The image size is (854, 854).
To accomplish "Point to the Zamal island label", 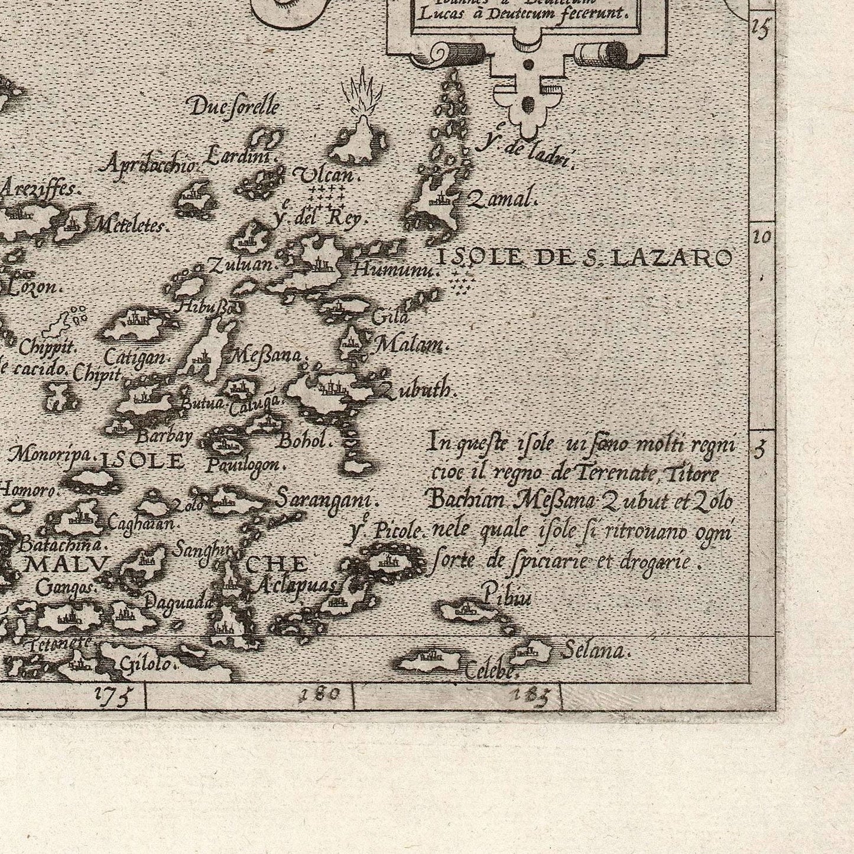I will [502, 199].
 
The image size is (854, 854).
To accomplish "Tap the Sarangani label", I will [326, 500].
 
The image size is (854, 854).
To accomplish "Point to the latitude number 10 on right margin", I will [762, 238].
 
